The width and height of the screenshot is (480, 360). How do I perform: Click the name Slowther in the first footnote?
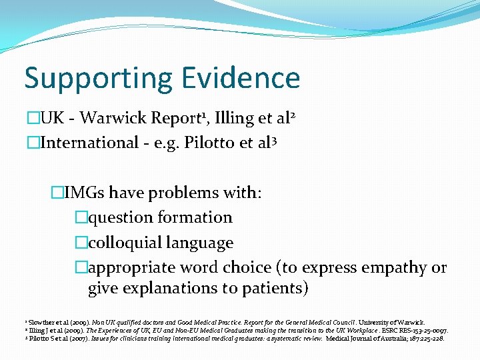click(33, 322)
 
